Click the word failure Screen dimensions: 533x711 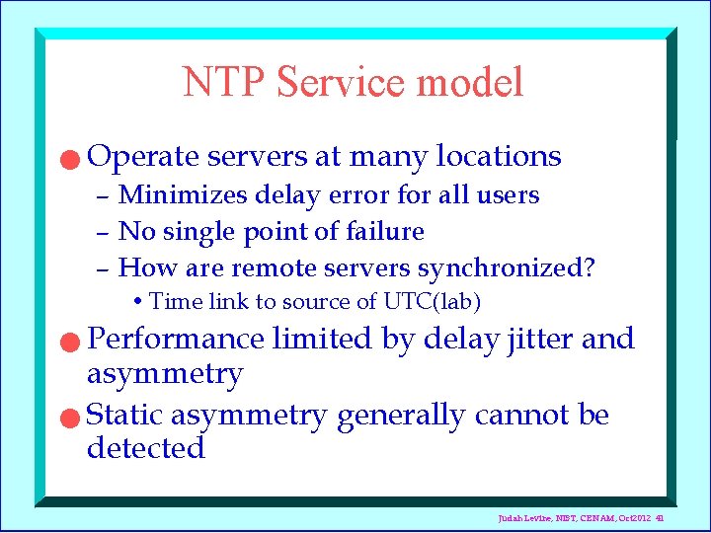pyautogui.click(x=386, y=232)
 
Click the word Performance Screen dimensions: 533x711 pyautogui.click(x=176, y=340)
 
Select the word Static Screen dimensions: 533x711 pyautogui.click(x=121, y=416)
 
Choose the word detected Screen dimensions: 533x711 pyautogui.click(x=145, y=449)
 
